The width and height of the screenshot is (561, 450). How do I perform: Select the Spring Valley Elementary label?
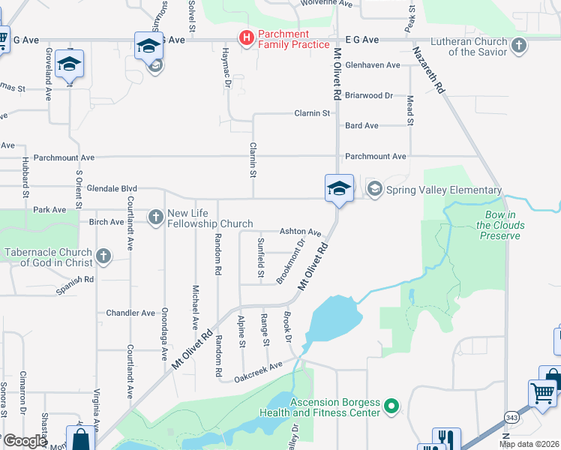click(443, 190)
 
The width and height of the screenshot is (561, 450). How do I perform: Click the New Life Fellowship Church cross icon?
click(156, 217)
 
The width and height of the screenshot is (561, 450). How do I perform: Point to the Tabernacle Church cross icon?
click(103, 257)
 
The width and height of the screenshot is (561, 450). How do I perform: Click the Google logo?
click(24, 441)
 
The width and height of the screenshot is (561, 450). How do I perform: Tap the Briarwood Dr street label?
click(369, 95)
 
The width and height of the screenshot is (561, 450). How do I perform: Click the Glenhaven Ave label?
click(372, 65)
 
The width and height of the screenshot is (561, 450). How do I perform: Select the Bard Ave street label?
click(361, 125)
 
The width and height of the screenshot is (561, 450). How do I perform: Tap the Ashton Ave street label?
click(300, 232)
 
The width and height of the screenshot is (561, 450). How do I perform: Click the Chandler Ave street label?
click(130, 312)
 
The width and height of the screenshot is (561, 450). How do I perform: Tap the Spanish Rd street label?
click(75, 283)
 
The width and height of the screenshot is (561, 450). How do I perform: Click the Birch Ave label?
click(106, 222)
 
